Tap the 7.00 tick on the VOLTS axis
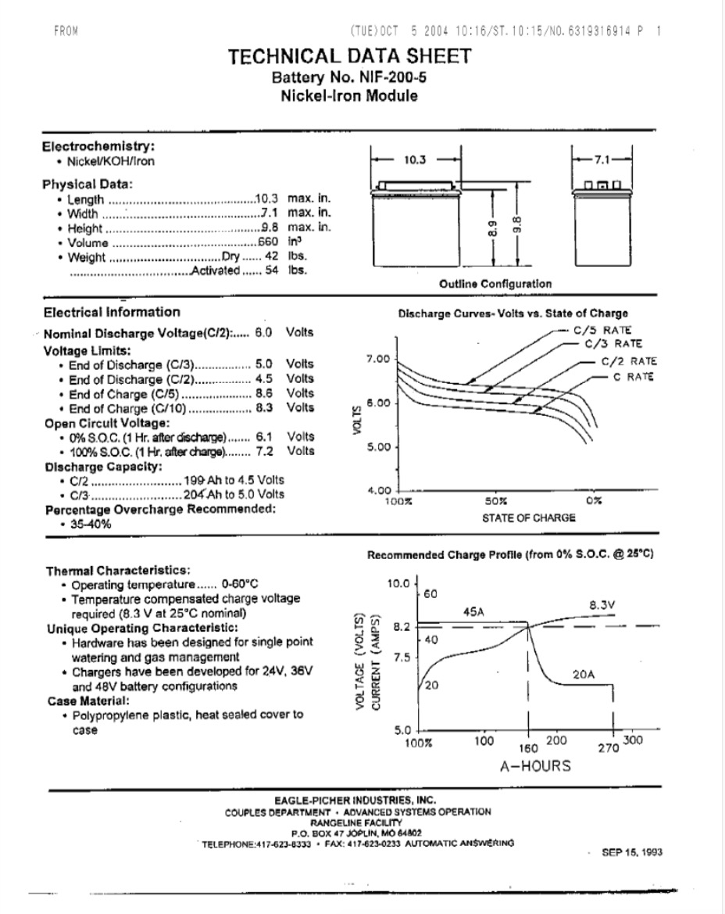[x=377, y=359]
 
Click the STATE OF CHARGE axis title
[x=528, y=517]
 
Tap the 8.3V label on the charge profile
[x=602, y=604]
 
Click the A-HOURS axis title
[x=535, y=765]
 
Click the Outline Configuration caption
[x=495, y=284]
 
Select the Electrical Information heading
[x=111, y=312]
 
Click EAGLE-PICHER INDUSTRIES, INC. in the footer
[x=355, y=800]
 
